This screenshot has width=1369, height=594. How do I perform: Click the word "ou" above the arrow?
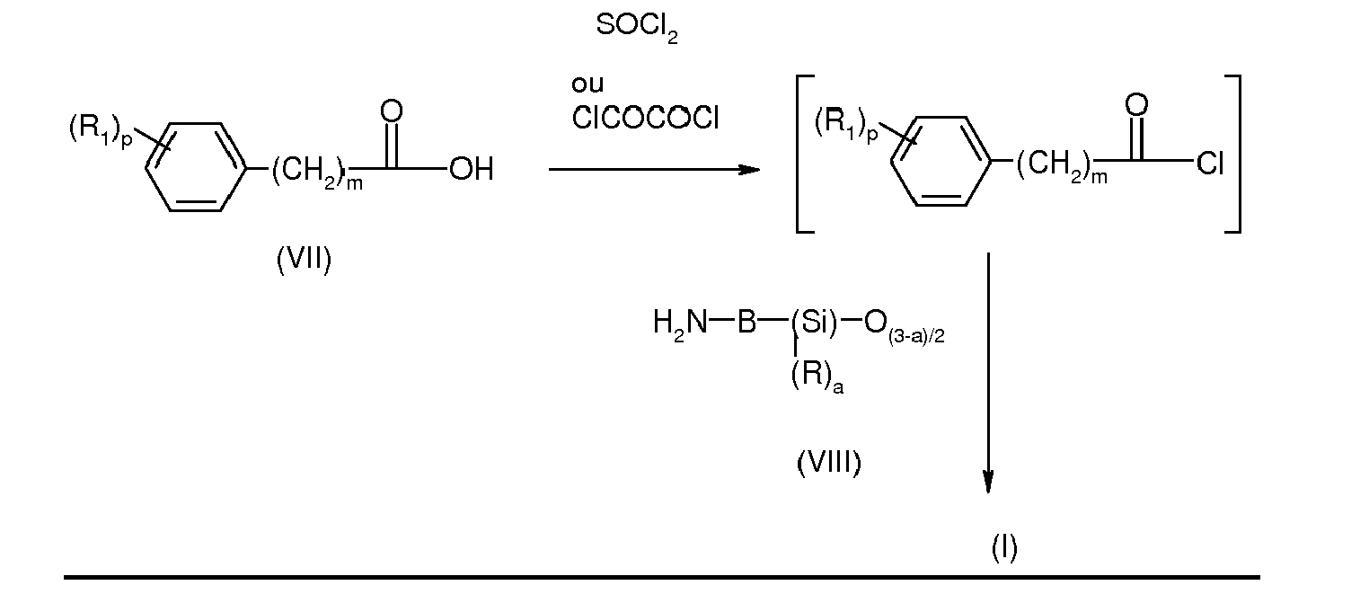(587, 85)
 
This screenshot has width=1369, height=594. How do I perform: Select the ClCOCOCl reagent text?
(645, 119)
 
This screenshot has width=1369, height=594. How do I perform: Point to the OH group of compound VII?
(471, 170)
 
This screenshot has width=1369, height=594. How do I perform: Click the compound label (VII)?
(304, 262)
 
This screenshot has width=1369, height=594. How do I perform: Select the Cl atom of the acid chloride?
(1209, 164)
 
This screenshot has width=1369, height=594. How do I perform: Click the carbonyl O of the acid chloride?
(1136, 105)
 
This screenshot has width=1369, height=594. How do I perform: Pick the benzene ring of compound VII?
(195, 167)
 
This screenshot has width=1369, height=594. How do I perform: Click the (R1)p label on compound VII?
(100, 131)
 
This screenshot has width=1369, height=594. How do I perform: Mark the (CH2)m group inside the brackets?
(1061, 167)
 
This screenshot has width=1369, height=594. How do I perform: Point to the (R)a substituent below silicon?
(816, 377)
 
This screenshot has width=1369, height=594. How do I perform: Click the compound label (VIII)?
(828, 464)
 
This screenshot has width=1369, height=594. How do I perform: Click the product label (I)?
(1003, 547)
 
